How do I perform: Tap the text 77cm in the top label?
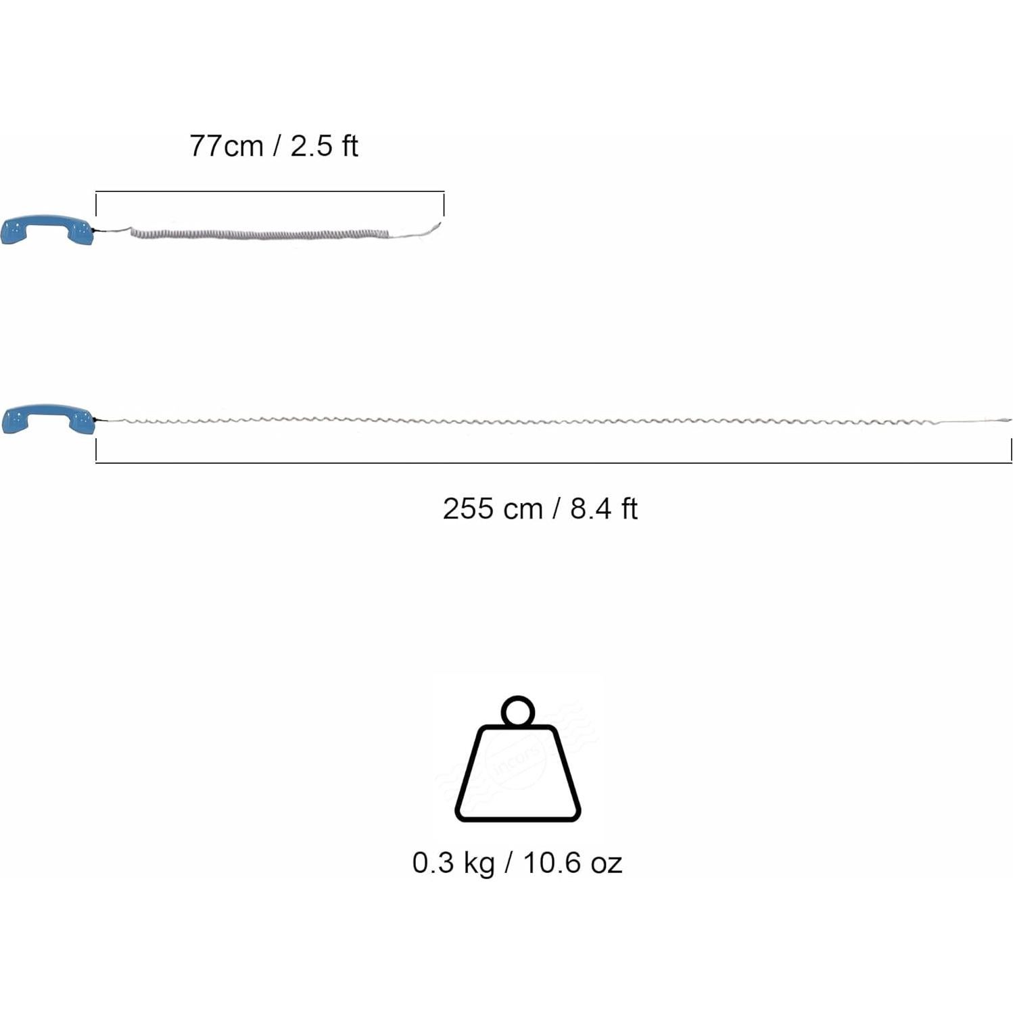(226, 146)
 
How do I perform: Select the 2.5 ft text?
(325, 146)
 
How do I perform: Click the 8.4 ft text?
(604, 509)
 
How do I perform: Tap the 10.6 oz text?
(572, 864)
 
